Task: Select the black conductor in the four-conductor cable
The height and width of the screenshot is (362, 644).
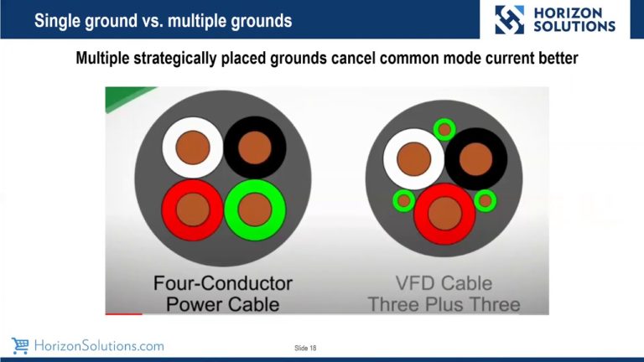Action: coord(253,148)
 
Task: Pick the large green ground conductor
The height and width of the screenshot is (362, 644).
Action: coord(252,206)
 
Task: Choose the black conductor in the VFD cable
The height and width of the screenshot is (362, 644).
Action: coord(476,158)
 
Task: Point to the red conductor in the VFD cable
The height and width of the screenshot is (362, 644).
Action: coord(444,213)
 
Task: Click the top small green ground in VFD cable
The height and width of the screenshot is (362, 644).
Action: coord(444,129)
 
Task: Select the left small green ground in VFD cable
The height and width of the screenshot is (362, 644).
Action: coord(404,200)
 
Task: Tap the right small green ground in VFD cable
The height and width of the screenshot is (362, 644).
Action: coord(485,200)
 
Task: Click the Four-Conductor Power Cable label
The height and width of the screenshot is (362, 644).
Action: coord(222,292)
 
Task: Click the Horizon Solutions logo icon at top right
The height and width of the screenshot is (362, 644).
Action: coord(509,19)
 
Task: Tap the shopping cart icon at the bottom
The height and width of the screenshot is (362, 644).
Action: coord(20,345)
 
